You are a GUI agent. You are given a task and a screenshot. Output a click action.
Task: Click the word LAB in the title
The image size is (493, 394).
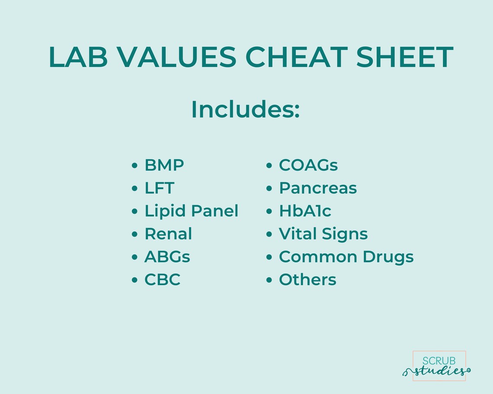coord(78,57)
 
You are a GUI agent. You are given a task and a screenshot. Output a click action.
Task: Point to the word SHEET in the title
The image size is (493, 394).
coord(404,57)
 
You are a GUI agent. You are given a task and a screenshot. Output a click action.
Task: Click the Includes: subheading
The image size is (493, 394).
coord(245,110)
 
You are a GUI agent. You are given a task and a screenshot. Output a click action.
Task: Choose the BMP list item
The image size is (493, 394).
coord(164,165)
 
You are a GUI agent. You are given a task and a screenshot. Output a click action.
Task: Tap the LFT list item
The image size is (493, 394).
coord(159,188)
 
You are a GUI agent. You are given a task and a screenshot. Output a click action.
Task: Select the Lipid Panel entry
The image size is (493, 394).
coord(191,211)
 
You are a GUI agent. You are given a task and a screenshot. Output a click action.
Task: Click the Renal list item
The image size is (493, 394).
coord(168,234)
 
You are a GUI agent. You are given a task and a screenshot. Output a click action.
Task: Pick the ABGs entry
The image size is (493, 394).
coord(167,257)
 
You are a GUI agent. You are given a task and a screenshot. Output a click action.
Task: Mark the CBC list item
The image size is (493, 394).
coord(162,280)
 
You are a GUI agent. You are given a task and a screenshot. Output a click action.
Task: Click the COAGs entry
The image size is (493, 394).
coord(308,165)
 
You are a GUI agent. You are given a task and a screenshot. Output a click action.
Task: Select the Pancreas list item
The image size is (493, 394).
coord(318,188)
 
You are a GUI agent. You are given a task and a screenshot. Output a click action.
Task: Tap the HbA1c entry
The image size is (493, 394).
coord(305,211)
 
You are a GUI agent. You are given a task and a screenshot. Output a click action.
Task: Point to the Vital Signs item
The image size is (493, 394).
coord(323,234)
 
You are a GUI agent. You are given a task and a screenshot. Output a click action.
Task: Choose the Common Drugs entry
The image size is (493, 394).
coord(346,257)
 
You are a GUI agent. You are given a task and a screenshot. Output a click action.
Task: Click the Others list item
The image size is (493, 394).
coord(307,280)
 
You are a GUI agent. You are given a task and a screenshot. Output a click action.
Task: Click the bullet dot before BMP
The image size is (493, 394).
coord(135,165)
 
